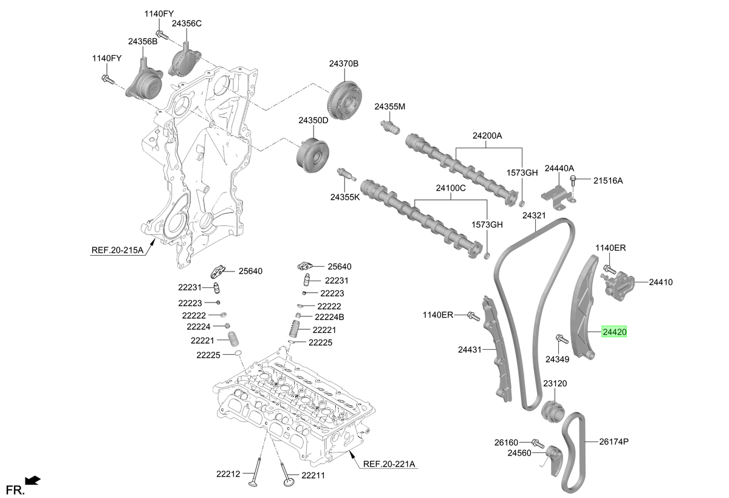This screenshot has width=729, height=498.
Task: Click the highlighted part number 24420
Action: [614, 332]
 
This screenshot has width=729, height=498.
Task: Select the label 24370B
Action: [344, 63]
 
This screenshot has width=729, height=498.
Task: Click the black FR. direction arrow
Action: [33, 480]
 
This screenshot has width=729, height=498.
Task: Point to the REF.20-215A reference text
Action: [117, 250]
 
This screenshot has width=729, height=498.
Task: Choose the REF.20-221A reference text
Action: [389, 464]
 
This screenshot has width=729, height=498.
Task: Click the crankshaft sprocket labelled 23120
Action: [553, 411]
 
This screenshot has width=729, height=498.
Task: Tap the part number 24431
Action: [470, 349]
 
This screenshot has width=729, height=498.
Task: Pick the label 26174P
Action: [614, 442]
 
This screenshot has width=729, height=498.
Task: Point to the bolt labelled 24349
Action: [562, 339]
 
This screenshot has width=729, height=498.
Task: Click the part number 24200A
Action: [487, 135]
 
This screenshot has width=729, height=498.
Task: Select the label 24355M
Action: [390, 106]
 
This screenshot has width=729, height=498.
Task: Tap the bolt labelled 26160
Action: [538, 443]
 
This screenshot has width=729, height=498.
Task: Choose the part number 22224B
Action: [329, 317]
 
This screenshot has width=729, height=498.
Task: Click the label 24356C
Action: [187, 24]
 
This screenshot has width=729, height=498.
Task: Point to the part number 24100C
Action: [451, 188]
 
